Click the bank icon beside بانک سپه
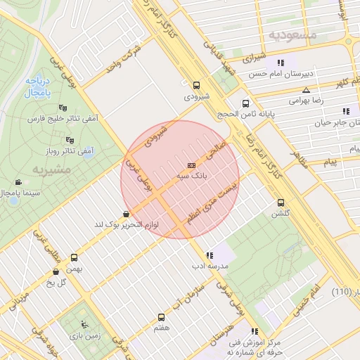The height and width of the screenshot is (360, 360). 191,165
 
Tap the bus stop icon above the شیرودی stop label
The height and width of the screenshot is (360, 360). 196,82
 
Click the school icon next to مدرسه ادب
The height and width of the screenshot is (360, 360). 210,255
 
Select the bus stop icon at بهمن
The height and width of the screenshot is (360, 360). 75,257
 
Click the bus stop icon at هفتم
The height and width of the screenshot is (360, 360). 161,318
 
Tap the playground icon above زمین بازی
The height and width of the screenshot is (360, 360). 85,325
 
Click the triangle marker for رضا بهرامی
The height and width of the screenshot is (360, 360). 306,90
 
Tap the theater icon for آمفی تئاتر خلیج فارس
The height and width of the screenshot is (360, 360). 63,108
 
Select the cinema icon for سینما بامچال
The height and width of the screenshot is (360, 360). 17,181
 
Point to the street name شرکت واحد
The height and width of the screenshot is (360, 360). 124,59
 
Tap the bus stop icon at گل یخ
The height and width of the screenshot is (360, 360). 56,271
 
